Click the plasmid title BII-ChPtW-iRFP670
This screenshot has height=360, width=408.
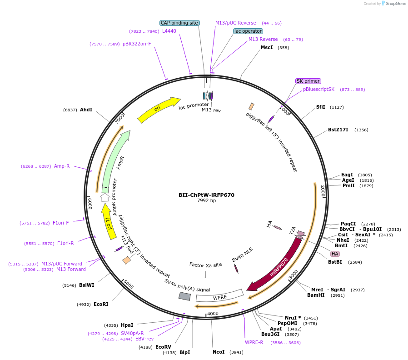[x=206, y=195]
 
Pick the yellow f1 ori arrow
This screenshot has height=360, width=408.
[x=108, y=221]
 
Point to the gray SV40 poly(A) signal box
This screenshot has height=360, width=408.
[x=184, y=296]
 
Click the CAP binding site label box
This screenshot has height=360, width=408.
[x=179, y=23]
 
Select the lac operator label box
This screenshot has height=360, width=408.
[x=248, y=31]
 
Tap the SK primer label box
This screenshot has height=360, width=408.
[x=308, y=81]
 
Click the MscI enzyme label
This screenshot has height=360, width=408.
[x=267, y=47]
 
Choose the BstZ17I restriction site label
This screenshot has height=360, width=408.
[x=338, y=130]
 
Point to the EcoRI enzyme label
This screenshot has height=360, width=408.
[x=101, y=304]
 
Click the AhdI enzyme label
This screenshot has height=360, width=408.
[x=86, y=110]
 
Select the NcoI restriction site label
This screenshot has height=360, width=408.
[x=219, y=352]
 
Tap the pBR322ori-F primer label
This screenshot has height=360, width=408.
[x=137, y=44]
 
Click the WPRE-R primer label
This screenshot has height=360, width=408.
[x=254, y=342]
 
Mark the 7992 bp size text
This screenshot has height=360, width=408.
[x=206, y=200]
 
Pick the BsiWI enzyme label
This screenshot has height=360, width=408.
[x=87, y=285]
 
